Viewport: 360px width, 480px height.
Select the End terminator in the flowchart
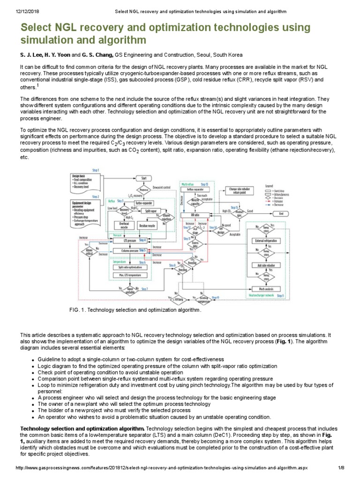pyautogui.click(x=281, y=213)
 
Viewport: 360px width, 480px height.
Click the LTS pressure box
pyautogui.click(x=130, y=240)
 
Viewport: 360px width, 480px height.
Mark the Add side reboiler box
pyautogui.click(x=265, y=265)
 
